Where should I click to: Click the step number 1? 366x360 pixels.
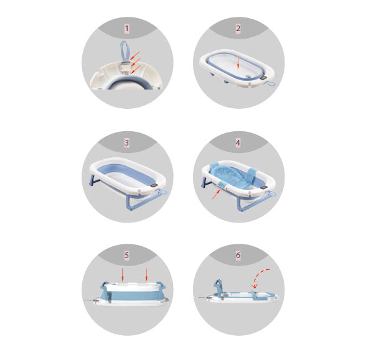[x=127, y=29]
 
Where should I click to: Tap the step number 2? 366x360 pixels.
[x=238, y=29]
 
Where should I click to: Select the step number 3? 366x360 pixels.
[x=127, y=143]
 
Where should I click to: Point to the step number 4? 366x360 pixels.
[x=238, y=143]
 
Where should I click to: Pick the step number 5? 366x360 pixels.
[x=127, y=255]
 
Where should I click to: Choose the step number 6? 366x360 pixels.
[x=238, y=255]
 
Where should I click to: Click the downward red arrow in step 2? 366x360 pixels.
[x=238, y=62]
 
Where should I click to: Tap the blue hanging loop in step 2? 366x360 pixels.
[x=271, y=84]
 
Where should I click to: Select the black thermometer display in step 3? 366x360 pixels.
[x=154, y=185]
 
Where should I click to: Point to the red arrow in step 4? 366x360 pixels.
[x=216, y=194]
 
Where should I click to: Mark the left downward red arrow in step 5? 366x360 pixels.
[x=122, y=275]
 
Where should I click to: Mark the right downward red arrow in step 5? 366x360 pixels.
[x=147, y=275]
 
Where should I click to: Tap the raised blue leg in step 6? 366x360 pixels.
[x=218, y=287]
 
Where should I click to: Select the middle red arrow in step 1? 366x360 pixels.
[x=136, y=62]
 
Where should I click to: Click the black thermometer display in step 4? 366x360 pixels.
[x=264, y=188]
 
